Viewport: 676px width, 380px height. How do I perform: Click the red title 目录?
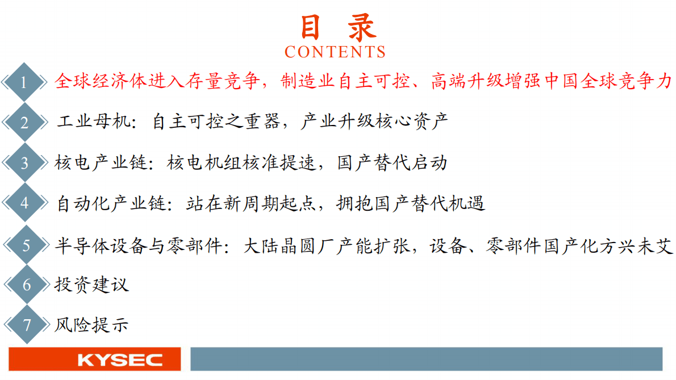pos(337,27)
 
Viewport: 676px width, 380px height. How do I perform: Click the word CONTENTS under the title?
pos(335,52)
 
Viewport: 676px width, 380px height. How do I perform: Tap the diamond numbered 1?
pos(24,82)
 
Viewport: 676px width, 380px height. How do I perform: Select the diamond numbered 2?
pos(24,122)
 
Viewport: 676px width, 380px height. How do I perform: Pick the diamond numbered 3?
pos(24,164)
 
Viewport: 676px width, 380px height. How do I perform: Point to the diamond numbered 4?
pos(24,203)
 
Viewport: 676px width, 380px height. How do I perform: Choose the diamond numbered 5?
pos(26,245)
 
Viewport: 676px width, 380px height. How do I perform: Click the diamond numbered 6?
pos(26,284)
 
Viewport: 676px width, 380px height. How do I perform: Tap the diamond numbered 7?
pos(26,324)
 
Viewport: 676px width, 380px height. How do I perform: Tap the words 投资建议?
pos(91,284)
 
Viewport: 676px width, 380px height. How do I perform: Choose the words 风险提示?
pos(91,324)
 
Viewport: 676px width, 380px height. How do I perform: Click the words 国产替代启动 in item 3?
pos(393,163)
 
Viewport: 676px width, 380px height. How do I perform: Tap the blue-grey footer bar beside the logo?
pos(426,360)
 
